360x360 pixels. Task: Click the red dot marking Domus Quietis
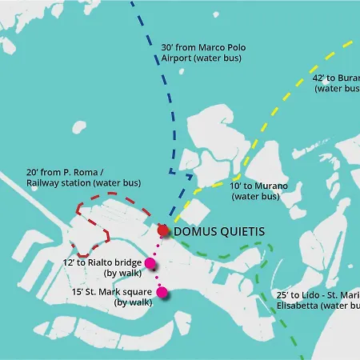163,230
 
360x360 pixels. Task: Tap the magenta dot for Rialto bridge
149,262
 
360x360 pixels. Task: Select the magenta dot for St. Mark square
162,292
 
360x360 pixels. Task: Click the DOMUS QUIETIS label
218,231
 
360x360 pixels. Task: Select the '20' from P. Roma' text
59,172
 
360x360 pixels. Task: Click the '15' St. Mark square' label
111,291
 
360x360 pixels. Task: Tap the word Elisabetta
300,305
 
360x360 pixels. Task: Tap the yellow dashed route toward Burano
265,128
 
